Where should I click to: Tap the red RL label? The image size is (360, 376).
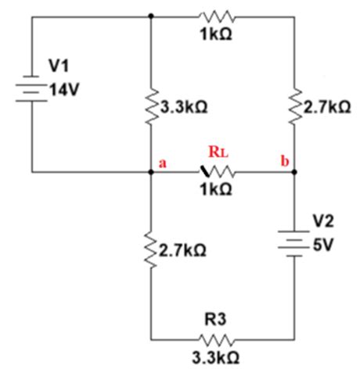(x=218, y=152)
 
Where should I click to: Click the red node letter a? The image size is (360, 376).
(x=163, y=163)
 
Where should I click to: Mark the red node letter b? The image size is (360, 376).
(x=286, y=162)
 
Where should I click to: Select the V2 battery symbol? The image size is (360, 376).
(x=294, y=242)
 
